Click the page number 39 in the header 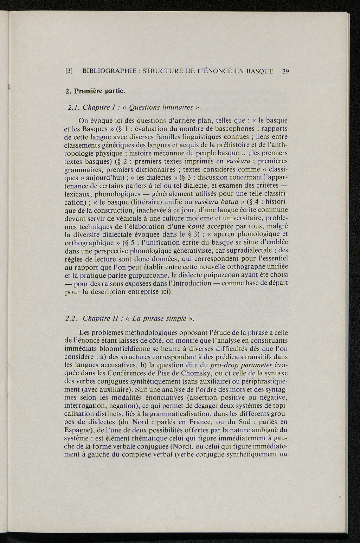click(285, 71)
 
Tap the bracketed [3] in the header click(69, 71)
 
